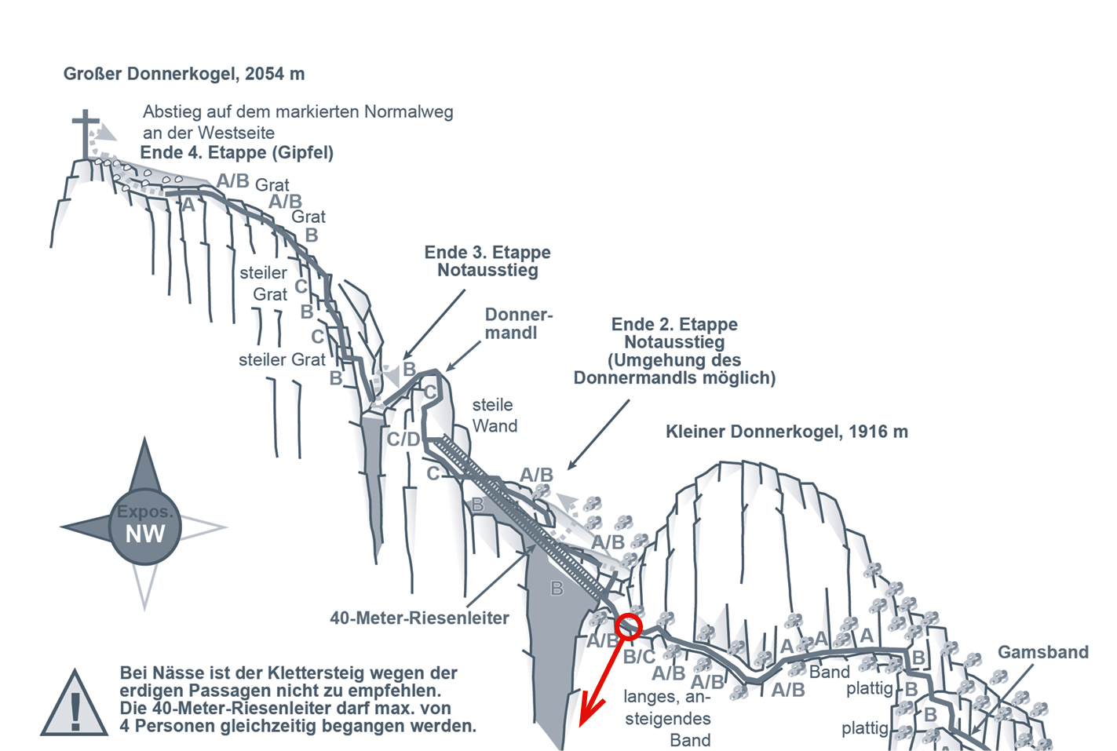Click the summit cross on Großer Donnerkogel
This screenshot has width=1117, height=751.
(86, 133)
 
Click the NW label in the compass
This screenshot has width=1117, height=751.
(145, 534)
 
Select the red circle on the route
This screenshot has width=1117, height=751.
(628, 626)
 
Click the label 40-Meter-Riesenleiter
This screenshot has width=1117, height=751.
(419, 618)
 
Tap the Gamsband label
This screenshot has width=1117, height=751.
(1042, 652)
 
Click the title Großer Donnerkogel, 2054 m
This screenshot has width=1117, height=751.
(184, 74)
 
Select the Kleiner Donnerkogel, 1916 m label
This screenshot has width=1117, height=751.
(787, 432)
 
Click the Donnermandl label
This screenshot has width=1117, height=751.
(518, 323)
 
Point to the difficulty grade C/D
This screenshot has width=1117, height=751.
(403, 439)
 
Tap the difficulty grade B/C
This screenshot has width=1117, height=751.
(639, 657)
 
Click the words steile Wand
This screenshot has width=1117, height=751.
(494, 415)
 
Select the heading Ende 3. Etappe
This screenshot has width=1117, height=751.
(487, 253)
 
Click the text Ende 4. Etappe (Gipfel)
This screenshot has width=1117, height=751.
(236, 152)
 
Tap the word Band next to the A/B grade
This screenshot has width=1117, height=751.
(829, 673)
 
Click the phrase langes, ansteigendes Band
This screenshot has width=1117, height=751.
(667, 718)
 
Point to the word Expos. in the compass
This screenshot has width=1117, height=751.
(144, 512)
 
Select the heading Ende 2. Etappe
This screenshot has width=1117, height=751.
(674, 324)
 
